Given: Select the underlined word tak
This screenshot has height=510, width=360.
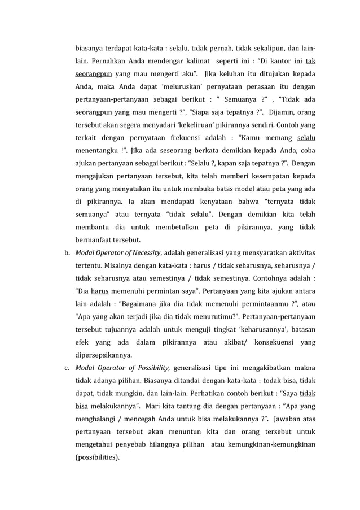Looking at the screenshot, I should pos(310,60).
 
